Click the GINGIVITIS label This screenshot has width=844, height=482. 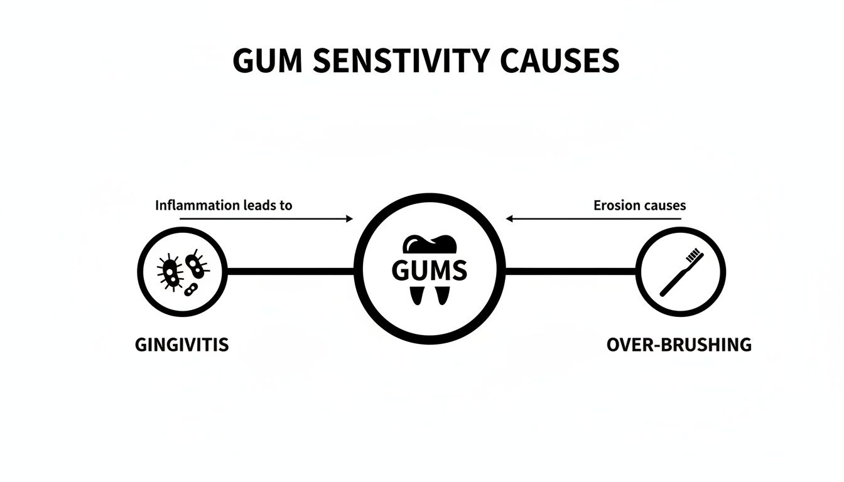(181, 345)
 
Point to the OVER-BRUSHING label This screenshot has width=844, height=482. (679, 345)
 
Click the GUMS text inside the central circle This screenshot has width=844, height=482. (429, 270)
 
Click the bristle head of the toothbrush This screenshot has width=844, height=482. (694, 255)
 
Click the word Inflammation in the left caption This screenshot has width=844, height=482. (197, 205)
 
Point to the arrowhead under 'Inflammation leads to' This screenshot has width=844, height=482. (349, 219)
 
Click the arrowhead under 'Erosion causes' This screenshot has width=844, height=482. (510, 219)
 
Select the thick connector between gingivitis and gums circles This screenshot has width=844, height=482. (290, 272)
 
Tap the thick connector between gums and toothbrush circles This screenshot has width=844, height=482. (570, 272)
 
